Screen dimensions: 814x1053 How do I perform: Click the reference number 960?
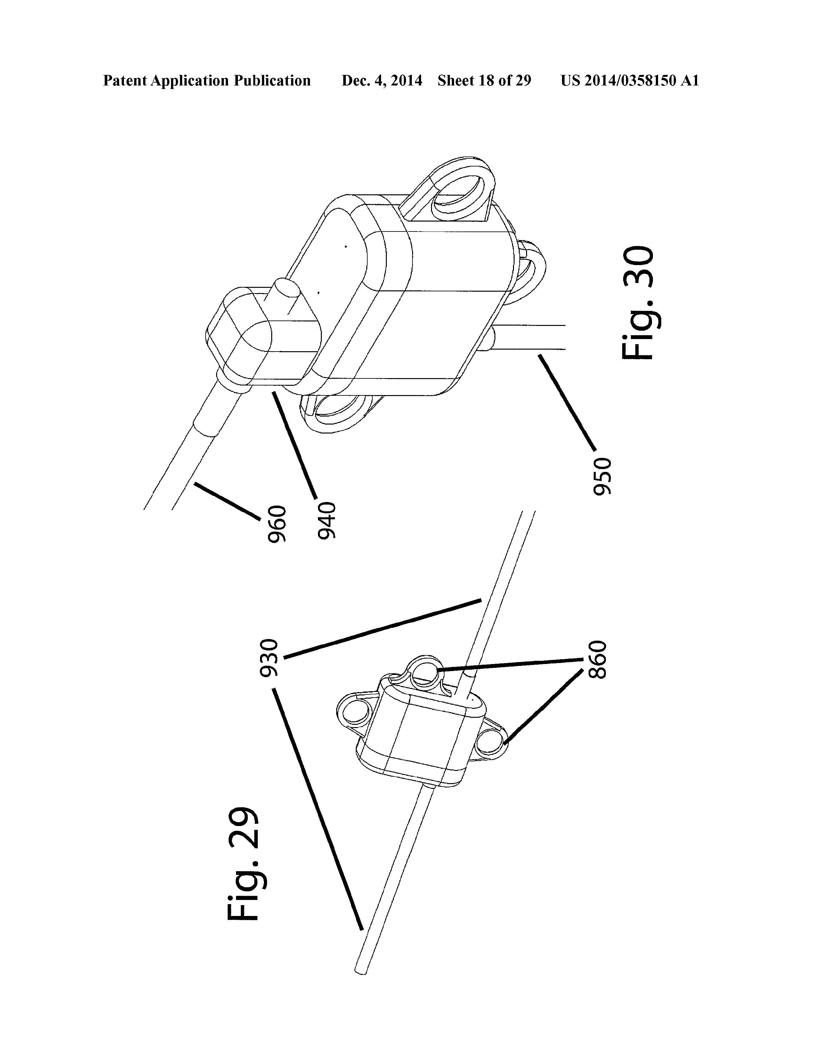coord(277,524)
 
